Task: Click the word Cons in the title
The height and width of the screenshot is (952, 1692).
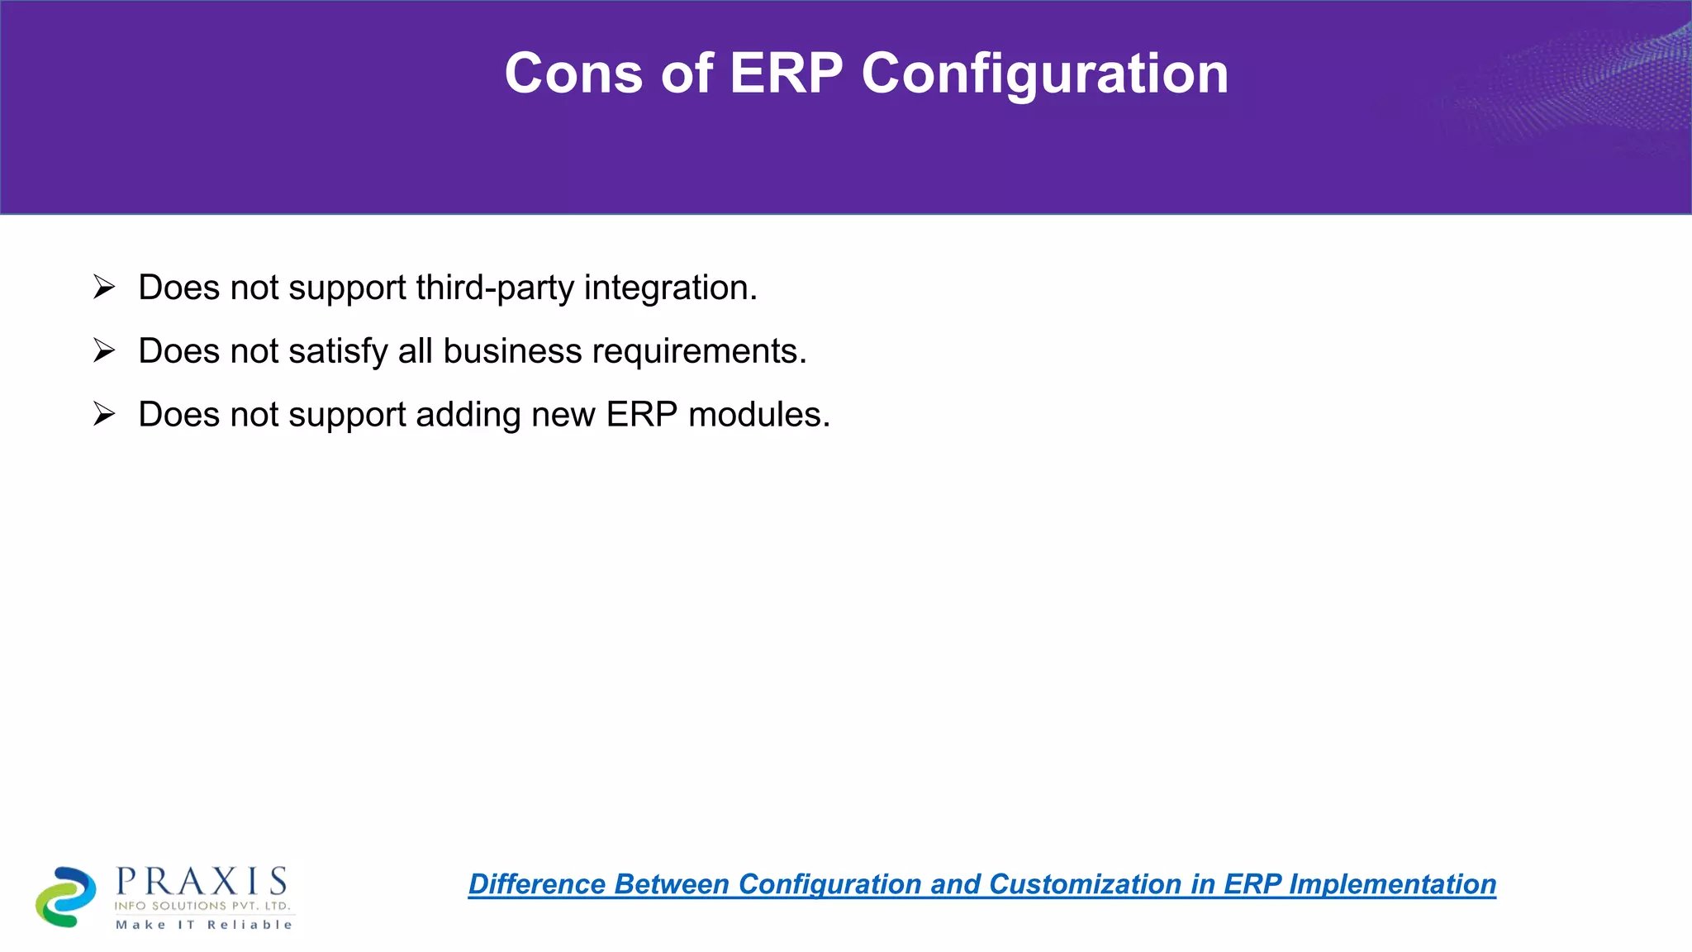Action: tap(573, 74)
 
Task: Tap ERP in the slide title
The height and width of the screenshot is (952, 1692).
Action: tap(786, 74)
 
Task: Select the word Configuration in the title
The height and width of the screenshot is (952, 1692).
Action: tap(1045, 74)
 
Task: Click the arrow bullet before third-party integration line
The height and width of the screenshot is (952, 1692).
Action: tap(104, 287)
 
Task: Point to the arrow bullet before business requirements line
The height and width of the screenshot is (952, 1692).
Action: tap(104, 350)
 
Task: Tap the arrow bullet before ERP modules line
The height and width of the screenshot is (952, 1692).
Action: tap(104, 414)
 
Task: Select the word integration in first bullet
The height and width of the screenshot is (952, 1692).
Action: tap(670, 288)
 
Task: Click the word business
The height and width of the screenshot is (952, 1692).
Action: tap(512, 351)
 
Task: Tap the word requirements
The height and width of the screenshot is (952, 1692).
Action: tap(699, 351)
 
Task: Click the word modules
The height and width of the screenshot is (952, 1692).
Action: tap(758, 415)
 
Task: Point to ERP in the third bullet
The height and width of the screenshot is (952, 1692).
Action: tap(641, 415)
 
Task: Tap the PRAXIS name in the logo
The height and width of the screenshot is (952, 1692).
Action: tap(202, 882)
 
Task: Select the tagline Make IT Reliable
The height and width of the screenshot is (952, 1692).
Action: tap(204, 925)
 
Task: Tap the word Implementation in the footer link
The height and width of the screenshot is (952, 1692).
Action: tap(1392, 884)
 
